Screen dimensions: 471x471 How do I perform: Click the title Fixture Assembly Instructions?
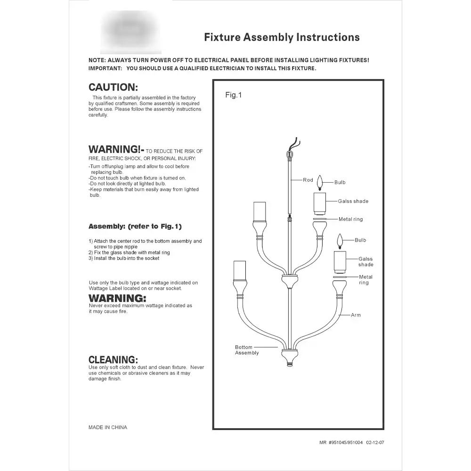click(282, 38)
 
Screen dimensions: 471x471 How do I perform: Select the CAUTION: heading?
click(113, 88)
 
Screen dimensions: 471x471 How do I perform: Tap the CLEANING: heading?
click(113, 360)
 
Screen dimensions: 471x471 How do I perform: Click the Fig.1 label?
click(233, 95)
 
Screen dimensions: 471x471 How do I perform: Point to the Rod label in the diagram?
click(308, 180)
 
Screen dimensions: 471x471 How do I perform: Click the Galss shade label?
click(353, 201)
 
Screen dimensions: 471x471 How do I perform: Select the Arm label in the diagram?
click(356, 315)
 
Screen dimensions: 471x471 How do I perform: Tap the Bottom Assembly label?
click(247, 350)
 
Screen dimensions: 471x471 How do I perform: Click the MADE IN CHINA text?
click(108, 428)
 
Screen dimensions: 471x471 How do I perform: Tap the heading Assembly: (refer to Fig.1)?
click(135, 227)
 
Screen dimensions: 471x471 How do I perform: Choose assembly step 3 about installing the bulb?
click(124, 258)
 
